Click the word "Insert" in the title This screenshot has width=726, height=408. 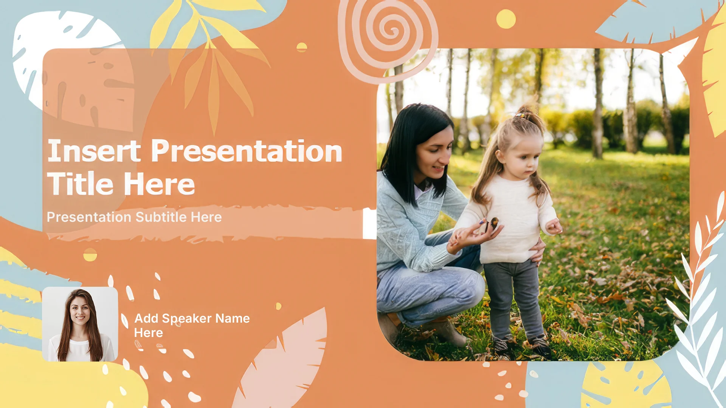click(x=94, y=151)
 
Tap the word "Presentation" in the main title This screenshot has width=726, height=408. click(x=247, y=151)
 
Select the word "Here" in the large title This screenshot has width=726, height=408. click(x=159, y=184)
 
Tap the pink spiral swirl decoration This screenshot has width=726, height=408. click(x=388, y=38)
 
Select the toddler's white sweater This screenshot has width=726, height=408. click(x=510, y=219)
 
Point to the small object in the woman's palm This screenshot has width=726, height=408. click(x=493, y=223)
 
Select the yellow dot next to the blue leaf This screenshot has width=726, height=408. click(x=506, y=19)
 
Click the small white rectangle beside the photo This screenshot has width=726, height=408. click(x=369, y=223)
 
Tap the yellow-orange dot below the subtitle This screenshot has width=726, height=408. click(x=90, y=255)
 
